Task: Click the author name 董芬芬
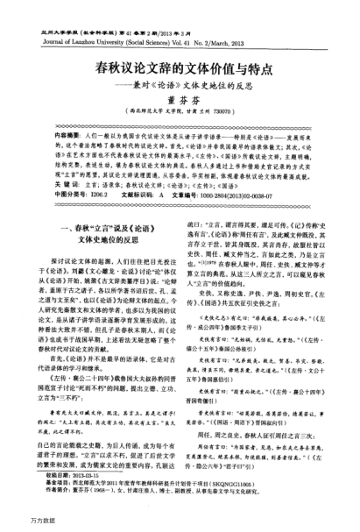pos(180,103)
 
